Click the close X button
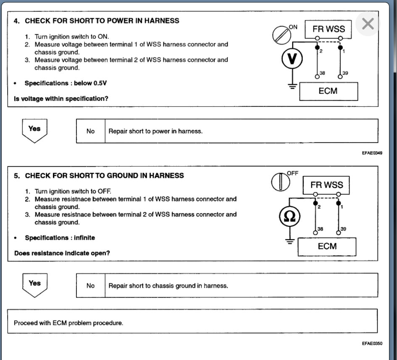368,24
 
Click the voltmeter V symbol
292,60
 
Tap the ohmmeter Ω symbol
289,216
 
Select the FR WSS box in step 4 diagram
329,29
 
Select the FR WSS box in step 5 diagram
327,185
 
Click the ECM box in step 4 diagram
328,91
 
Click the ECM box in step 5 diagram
327,246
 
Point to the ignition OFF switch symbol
279,181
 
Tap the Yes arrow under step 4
34,130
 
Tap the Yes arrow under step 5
34,284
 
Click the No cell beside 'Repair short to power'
91,131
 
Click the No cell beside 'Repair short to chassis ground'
91,286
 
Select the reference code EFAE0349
372,153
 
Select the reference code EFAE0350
372,344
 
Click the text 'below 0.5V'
90,83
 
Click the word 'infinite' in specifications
84,238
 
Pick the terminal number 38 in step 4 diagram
322,73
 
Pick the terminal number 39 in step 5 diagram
344,228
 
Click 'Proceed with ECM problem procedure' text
68,323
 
